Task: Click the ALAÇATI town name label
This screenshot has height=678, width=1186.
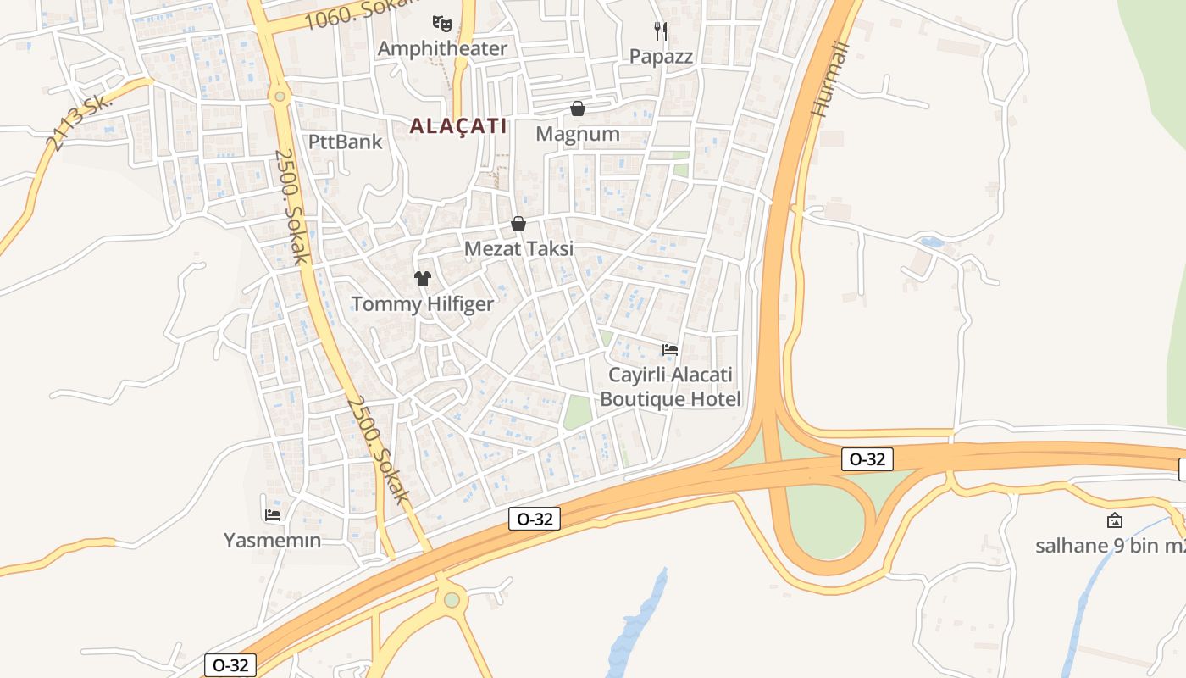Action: click(458, 126)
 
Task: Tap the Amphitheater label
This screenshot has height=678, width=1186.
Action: click(442, 48)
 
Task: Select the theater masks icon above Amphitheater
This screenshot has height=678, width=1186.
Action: click(441, 22)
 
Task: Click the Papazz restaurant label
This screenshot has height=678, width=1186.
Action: click(661, 57)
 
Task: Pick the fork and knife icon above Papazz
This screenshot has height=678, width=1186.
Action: click(661, 31)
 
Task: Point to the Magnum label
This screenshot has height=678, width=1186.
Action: click(578, 134)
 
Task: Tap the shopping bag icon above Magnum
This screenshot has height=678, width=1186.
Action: click(578, 108)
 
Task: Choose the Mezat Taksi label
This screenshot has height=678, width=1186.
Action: click(518, 249)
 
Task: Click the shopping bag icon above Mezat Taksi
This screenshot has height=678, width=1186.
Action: click(518, 224)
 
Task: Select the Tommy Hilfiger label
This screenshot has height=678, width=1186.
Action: click(422, 304)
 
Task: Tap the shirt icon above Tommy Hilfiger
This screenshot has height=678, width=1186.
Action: click(423, 278)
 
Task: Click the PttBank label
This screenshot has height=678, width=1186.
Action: click(346, 142)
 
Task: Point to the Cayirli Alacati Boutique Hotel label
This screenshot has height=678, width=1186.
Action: click(670, 386)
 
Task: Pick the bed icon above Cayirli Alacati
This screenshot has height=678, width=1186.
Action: click(670, 349)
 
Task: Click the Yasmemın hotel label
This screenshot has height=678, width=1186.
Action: click(272, 540)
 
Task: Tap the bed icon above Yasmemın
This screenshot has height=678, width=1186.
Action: click(272, 514)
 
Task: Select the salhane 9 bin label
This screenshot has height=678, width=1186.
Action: click(1110, 545)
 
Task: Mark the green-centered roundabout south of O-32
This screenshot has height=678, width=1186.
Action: click(452, 600)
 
